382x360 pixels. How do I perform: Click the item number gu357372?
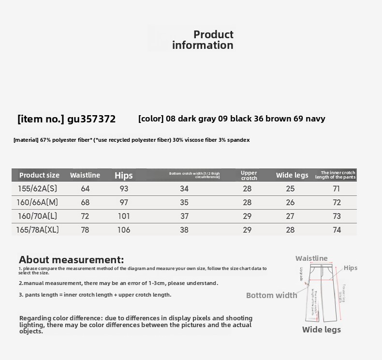click(x=91, y=119)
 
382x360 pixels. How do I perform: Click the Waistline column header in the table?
click(x=85, y=175)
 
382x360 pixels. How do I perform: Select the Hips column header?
click(x=124, y=175)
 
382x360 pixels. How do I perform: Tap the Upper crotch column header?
click(x=249, y=175)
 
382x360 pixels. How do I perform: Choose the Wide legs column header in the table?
click(x=292, y=175)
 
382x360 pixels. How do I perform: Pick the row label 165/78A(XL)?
click(x=37, y=230)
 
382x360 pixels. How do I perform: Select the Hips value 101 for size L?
click(x=124, y=216)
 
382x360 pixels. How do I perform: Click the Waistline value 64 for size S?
click(x=85, y=189)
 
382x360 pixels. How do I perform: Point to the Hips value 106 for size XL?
click(x=124, y=230)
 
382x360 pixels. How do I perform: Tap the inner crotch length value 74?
click(x=337, y=230)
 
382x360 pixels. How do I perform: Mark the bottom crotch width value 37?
click(x=184, y=216)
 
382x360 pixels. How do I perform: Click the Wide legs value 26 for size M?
click(x=290, y=202)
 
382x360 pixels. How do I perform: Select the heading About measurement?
click(x=71, y=260)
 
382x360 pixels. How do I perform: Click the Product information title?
click(x=203, y=40)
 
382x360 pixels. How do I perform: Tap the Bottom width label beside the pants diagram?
click(x=271, y=295)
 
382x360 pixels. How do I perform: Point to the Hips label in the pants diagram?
click(x=351, y=268)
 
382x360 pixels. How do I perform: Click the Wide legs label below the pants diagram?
click(x=322, y=330)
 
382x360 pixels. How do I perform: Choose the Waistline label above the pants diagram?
click(x=311, y=258)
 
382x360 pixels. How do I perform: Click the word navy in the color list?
click(x=315, y=119)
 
